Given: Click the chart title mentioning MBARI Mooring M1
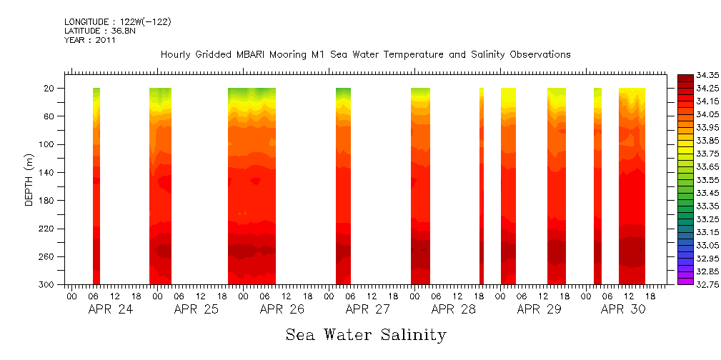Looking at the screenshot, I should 365,55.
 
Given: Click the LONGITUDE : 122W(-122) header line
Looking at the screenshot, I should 117,22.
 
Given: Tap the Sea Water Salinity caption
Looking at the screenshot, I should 366,334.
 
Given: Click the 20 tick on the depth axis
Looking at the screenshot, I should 51,89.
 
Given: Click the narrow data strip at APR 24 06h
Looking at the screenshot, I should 96,186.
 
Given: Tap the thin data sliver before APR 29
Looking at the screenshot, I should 482,186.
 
